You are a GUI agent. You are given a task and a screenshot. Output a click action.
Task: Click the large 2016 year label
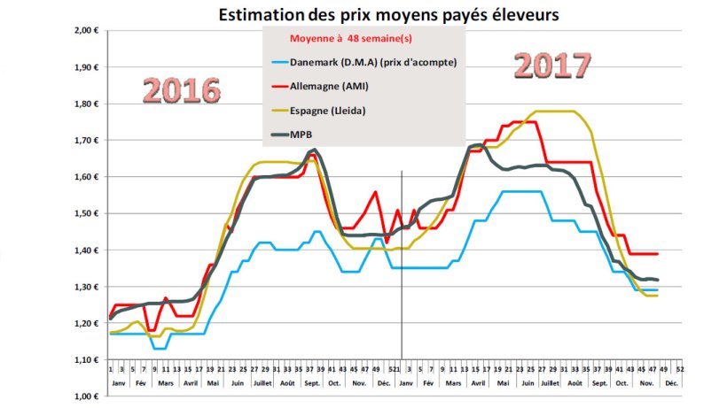[182, 90]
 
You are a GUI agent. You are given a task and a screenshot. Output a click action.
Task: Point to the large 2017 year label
[552, 65]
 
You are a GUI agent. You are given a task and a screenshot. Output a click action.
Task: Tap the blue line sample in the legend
[279, 62]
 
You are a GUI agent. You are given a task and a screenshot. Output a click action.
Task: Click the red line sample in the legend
[279, 87]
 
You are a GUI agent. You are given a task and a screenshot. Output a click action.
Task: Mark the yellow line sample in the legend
[279, 112]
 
